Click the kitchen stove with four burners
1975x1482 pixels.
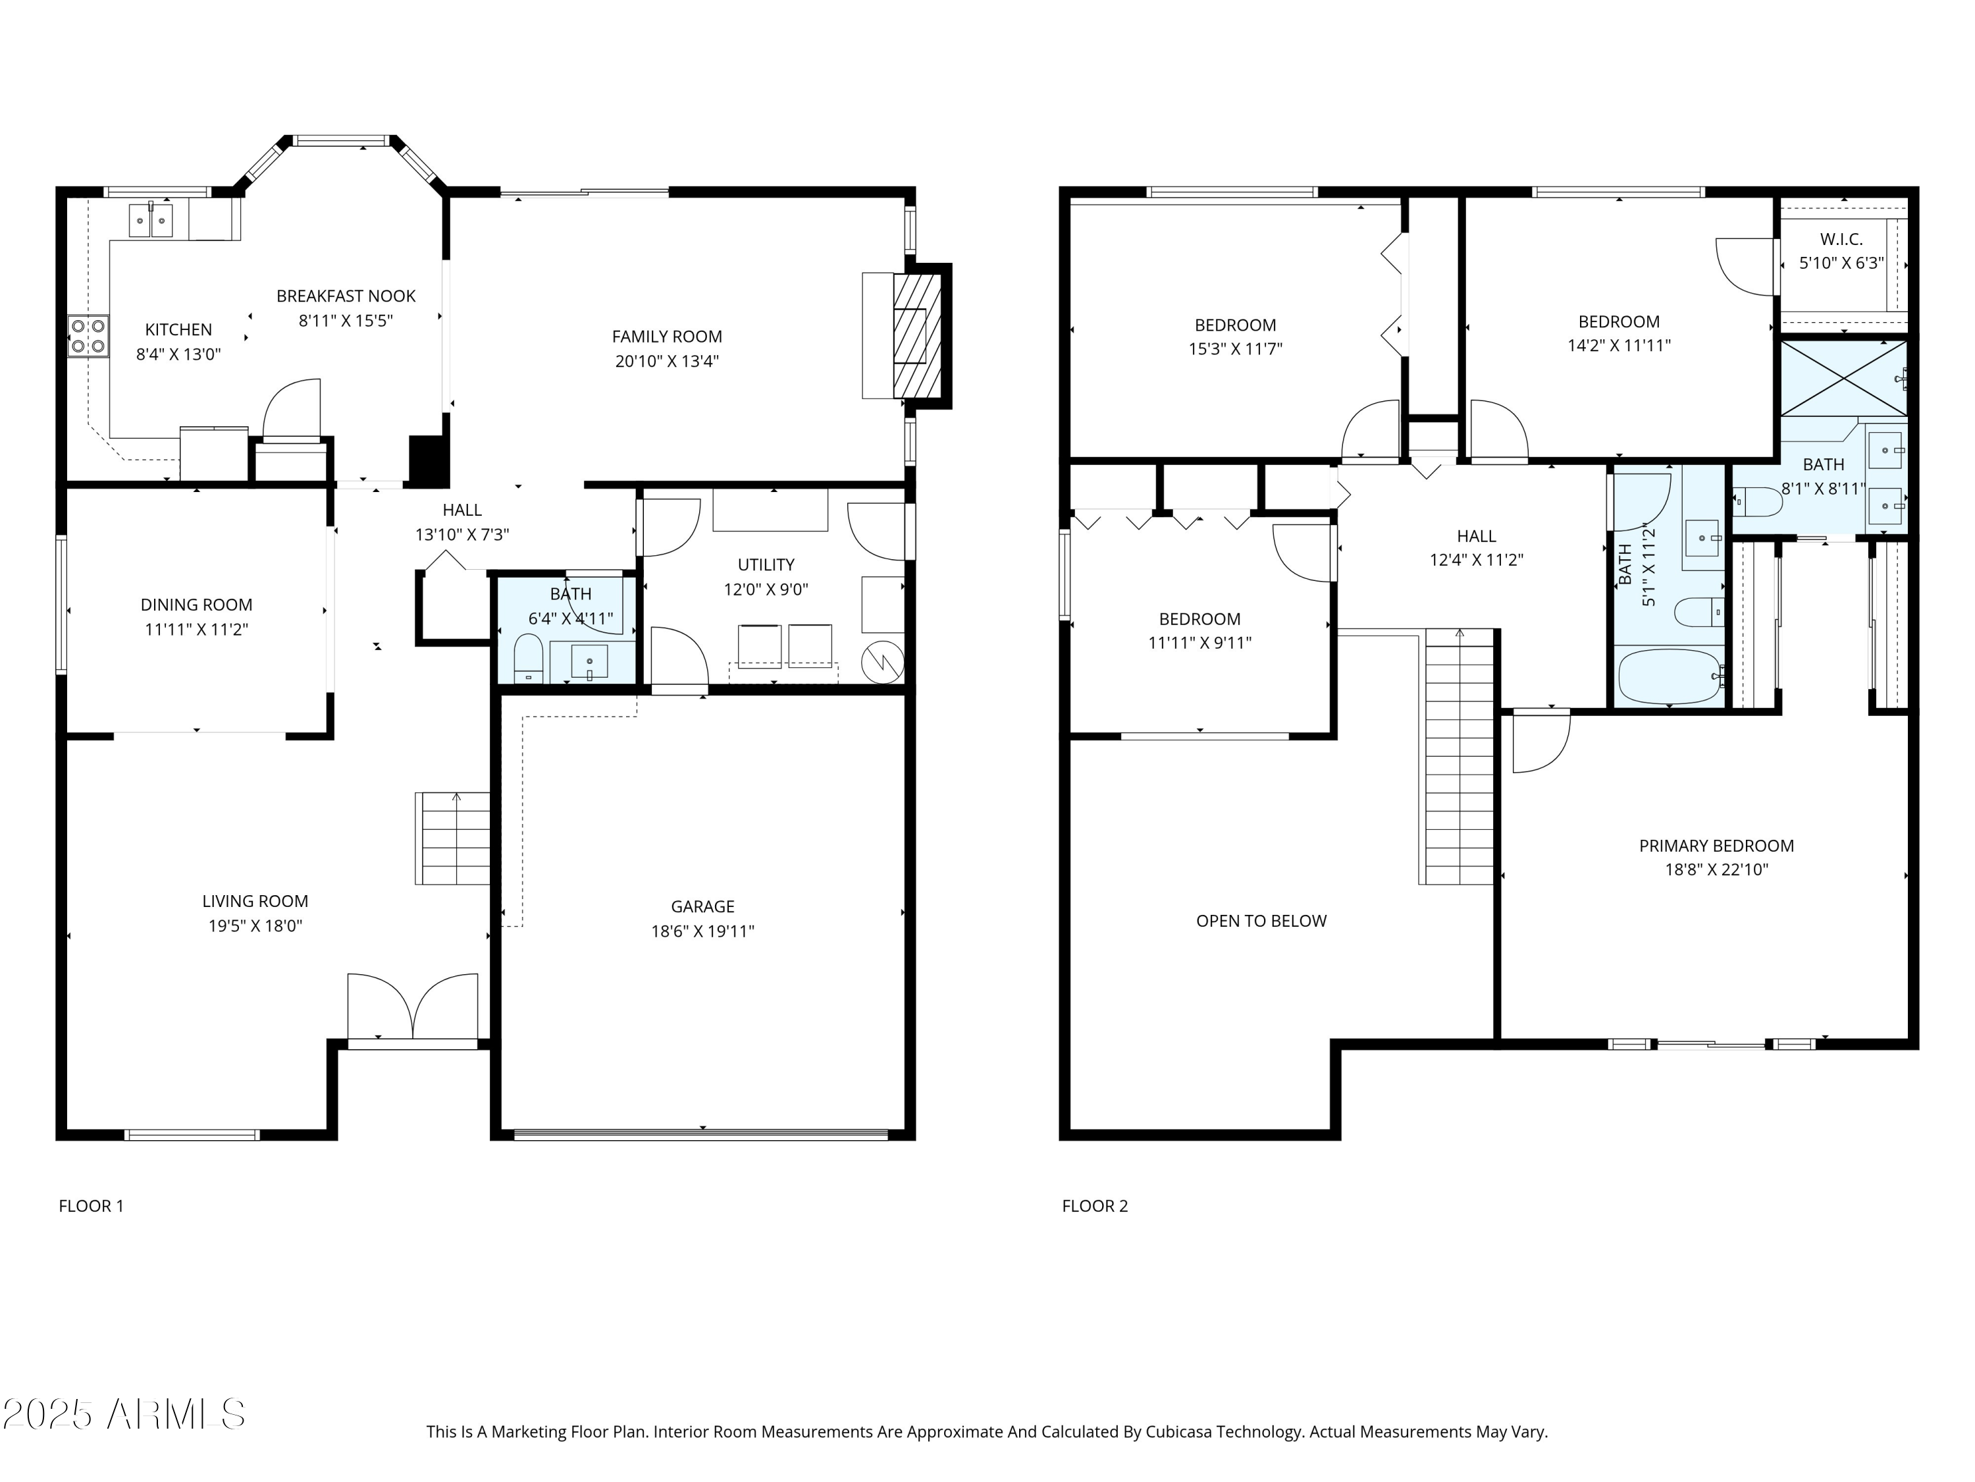click(88, 337)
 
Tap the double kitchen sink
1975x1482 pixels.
click(150, 220)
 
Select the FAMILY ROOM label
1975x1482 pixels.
click(666, 337)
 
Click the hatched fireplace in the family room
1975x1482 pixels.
click(917, 336)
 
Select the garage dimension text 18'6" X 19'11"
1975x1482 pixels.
click(702, 931)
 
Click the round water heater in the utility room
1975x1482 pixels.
click(882, 662)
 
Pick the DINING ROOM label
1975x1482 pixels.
click(196, 605)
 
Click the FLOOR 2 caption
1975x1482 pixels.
click(1095, 1206)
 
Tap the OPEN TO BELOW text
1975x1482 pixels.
click(1261, 921)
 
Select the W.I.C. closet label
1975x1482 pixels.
click(1841, 239)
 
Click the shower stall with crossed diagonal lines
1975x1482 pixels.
click(1843, 378)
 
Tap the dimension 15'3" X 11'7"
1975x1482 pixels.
click(1235, 349)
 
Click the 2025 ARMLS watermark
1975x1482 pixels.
click(124, 1414)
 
